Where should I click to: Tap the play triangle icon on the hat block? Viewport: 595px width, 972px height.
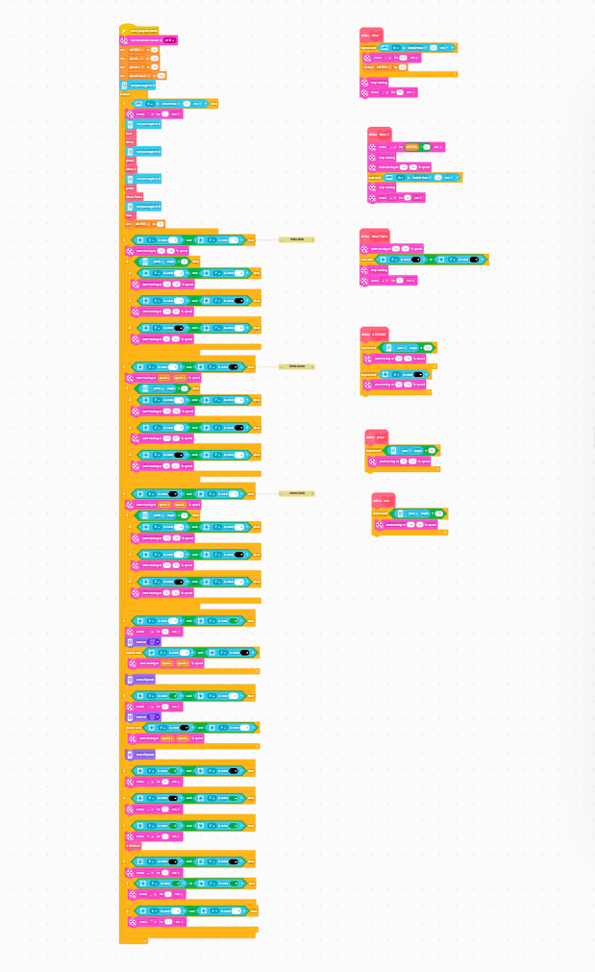click(125, 31)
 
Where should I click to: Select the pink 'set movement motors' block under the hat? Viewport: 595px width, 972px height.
click(149, 40)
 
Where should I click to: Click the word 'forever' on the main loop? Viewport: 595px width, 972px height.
click(126, 94)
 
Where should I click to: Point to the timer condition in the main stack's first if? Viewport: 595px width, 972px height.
click(179, 103)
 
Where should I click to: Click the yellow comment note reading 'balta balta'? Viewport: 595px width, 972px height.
click(297, 238)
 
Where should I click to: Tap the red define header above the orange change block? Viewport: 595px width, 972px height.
click(371, 35)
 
